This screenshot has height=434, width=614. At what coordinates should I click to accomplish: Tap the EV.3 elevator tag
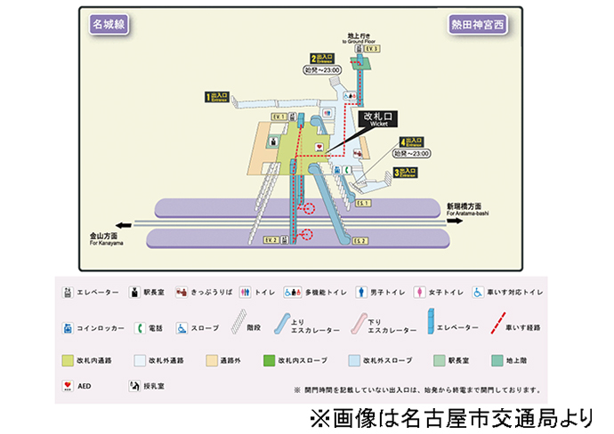370,49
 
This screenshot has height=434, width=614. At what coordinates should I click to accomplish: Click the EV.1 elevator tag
278,117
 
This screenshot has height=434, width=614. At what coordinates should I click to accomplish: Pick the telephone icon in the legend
140,327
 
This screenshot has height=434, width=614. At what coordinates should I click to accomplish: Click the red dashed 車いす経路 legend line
502,325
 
